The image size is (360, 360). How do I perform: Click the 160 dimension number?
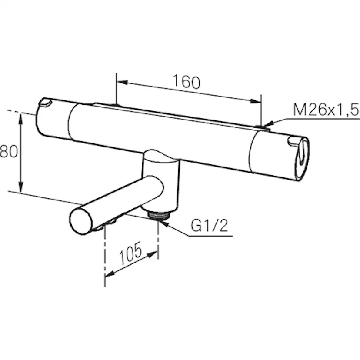coord(187,81)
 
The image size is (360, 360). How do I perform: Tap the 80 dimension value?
coord(9,151)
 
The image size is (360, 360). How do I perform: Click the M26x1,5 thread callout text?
coord(326,110)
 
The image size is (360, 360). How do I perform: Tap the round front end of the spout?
coord(81,221)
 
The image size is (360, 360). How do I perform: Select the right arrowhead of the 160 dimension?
coord(256,101)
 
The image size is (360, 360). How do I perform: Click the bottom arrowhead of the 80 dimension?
coord(21,187)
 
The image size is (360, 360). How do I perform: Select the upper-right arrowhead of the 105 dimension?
coord(153,254)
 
